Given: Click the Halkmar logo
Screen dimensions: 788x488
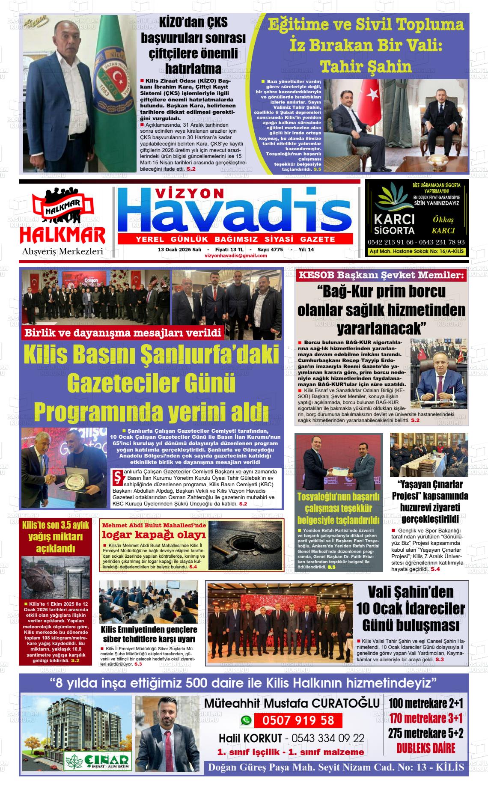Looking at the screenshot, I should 62,221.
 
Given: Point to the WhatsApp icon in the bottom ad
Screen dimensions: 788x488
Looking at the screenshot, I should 246,720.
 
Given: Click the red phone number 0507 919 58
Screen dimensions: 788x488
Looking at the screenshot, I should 298,720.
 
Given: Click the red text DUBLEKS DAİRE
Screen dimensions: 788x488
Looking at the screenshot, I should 426,760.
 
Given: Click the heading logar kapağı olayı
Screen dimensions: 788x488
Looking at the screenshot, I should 154,535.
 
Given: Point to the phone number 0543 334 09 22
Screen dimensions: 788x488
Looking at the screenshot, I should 328,738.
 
